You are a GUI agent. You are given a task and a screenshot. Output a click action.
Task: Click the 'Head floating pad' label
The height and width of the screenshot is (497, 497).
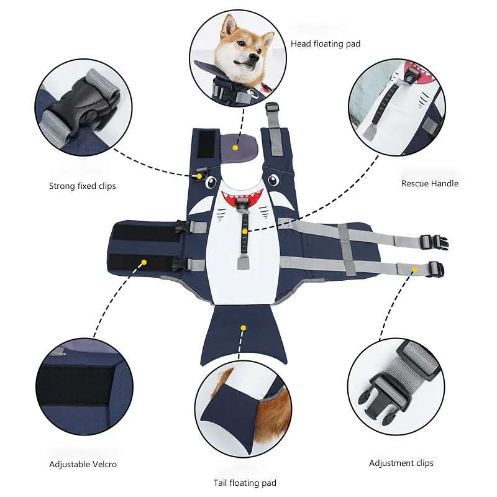326,43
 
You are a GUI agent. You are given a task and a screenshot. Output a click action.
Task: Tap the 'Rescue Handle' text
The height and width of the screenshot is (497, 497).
430,183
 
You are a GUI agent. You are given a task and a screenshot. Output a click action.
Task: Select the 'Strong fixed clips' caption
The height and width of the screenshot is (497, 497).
83,186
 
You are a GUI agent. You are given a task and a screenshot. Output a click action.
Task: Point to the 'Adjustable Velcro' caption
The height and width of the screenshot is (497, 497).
83,464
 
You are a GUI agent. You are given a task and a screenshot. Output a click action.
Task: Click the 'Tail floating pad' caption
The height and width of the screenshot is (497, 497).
245,483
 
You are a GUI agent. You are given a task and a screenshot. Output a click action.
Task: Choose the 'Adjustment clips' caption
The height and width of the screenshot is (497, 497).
401,463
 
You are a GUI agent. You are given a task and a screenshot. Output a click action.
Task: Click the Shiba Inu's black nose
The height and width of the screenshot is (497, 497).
253,57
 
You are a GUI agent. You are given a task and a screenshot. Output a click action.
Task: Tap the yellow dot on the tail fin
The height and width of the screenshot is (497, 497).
243,328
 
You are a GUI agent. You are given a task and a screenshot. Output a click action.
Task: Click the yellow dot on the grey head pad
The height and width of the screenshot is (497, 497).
235,148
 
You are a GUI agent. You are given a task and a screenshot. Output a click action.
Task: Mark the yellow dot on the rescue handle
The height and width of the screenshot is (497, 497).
245,232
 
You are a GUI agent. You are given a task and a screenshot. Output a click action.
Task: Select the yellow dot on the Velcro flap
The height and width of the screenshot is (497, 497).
144,262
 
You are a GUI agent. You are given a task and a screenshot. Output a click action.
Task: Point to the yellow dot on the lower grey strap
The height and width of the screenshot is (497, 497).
415,270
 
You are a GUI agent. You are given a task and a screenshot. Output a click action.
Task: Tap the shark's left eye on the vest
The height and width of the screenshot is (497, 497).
211,182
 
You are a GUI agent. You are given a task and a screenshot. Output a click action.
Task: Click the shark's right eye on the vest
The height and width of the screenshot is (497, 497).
273,180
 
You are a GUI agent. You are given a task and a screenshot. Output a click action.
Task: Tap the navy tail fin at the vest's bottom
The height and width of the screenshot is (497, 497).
244,334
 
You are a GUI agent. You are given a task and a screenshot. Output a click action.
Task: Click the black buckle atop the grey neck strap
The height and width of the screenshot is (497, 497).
271,107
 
